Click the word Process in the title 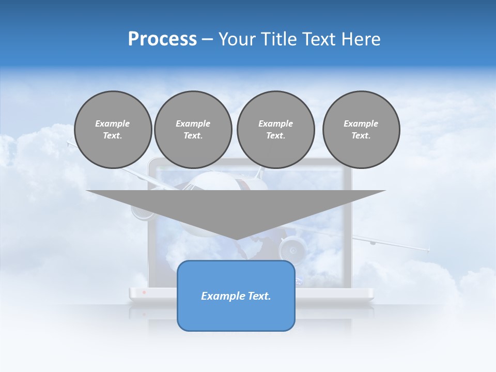pos(162,39)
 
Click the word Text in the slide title pos(319,39)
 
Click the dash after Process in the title pos(207,40)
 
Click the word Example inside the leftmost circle pos(113,123)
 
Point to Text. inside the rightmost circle pos(361,135)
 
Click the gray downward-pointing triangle pos(236,207)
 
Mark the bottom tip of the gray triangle pos(236,239)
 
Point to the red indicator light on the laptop pos(144,292)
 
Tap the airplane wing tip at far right pos(428,250)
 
